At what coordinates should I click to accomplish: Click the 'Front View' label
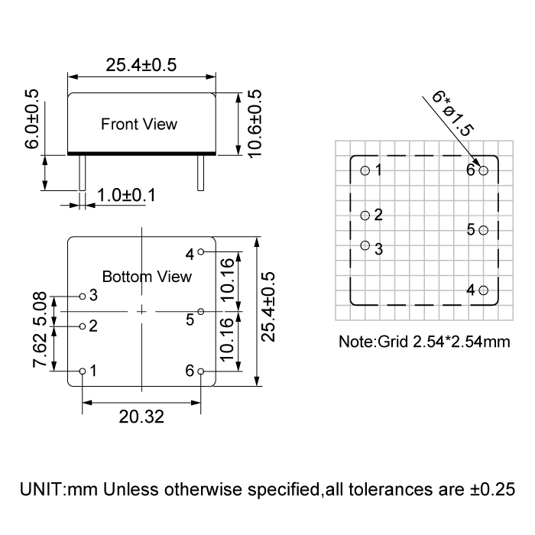pyautogui.click(x=139, y=124)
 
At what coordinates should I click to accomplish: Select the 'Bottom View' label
pyautogui.click(x=147, y=276)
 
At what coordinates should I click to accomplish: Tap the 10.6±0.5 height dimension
pyautogui.click(x=255, y=124)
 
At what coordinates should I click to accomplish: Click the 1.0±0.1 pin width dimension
pyautogui.click(x=126, y=196)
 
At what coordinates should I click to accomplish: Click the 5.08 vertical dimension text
pyautogui.click(x=40, y=306)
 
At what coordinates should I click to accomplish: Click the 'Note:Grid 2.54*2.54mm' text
pyautogui.click(x=424, y=341)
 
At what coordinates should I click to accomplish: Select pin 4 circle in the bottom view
pyautogui.click(x=200, y=251)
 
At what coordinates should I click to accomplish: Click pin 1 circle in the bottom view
pyautogui.click(x=83, y=371)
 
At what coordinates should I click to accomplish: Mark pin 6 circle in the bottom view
pyautogui.click(x=200, y=371)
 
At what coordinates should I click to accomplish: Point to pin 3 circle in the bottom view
pyautogui.click(x=83, y=295)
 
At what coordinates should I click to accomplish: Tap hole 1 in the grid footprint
pyautogui.click(x=365, y=170)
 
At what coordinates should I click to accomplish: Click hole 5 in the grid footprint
pyautogui.click(x=483, y=229)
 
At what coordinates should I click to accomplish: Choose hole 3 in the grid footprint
pyautogui.click(x=365, y=245)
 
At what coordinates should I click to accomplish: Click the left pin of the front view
pyautogui.click(x=79, y=173)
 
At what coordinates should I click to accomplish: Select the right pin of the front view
pyautogui.click(x=200, y=173)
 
